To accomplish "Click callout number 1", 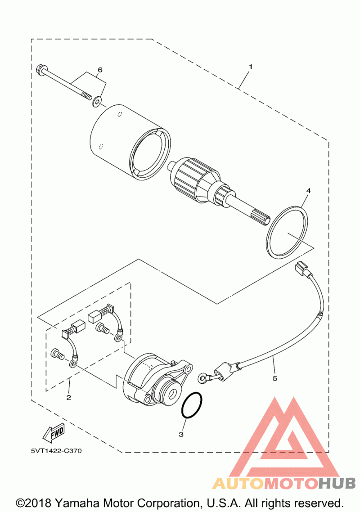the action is (251, 67).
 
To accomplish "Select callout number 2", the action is (68, 398).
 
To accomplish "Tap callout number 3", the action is (181, 434).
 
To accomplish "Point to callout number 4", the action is (308, 190).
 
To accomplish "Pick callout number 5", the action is (275, 378).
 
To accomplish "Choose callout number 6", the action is (100, 70).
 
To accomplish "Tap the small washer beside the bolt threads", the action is (97, 102).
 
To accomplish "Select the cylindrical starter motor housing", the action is (130, 143).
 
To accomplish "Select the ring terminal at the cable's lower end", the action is (203, 378).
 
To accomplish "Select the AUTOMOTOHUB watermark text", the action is (284, 483).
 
